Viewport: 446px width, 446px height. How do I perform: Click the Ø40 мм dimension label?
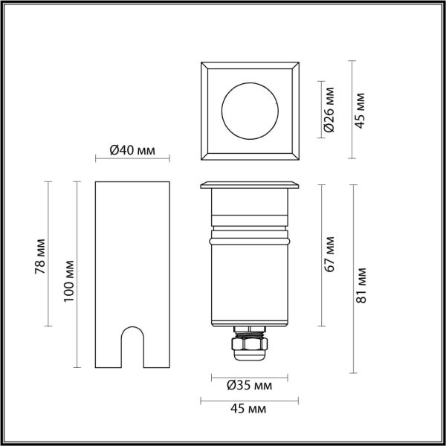132,150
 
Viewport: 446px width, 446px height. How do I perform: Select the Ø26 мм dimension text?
329,110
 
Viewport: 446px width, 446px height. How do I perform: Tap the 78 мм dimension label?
40,256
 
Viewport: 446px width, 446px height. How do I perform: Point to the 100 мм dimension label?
69,281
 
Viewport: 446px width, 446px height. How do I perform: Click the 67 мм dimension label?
329,254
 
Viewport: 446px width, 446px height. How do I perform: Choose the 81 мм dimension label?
361,285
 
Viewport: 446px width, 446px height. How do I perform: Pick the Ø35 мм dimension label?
250,386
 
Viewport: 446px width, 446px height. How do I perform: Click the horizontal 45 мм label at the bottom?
248,409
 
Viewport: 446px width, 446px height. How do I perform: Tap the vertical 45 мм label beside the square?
360,110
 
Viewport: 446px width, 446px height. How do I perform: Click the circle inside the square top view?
250,83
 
